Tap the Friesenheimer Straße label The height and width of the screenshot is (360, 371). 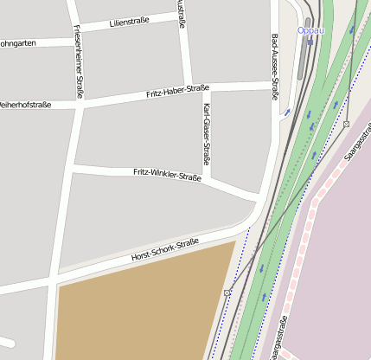[x=77, y=61]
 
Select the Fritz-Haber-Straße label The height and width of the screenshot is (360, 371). [x=177, y=90]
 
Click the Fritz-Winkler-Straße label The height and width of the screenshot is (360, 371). [x=167, y=176]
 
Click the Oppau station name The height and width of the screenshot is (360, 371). [x=310, y=30]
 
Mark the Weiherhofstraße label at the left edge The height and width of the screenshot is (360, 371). [x=25, y=105]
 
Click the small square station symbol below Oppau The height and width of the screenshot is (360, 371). [x=310, y=41]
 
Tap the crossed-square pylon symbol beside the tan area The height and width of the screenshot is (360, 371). [x=227, y=293]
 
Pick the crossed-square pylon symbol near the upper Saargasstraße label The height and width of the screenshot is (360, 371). [x=346, y=125]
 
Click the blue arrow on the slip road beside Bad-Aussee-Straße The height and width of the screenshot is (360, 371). [x=287, y=112]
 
